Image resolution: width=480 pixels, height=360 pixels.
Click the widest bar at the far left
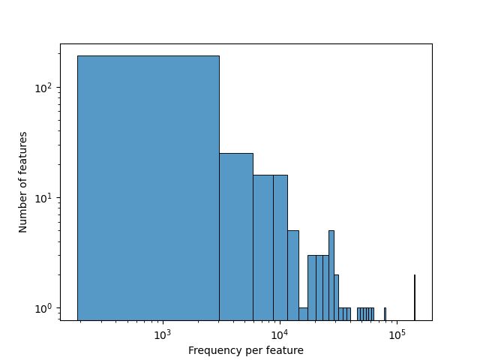[148, 187]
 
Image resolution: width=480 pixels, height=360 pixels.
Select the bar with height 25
[235, 236]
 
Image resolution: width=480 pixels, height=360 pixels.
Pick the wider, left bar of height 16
[262, 247]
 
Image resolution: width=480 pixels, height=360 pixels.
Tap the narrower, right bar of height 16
[280, 247]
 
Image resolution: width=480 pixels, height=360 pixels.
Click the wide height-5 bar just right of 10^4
[292, 274]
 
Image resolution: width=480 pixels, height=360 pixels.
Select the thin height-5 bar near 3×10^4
[331, 274]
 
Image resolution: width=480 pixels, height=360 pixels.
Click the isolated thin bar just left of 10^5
[385, 314]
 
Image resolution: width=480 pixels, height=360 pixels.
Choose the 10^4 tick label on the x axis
[279, 334]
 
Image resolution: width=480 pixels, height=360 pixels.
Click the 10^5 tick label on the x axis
[397, 334]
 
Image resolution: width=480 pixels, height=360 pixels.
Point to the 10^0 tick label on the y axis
[44, 308]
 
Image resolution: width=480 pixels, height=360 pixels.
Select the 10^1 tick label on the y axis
[44, 198]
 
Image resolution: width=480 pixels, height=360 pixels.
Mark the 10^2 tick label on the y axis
[44, 88]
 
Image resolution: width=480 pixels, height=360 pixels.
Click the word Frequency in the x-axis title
[213, 350]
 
